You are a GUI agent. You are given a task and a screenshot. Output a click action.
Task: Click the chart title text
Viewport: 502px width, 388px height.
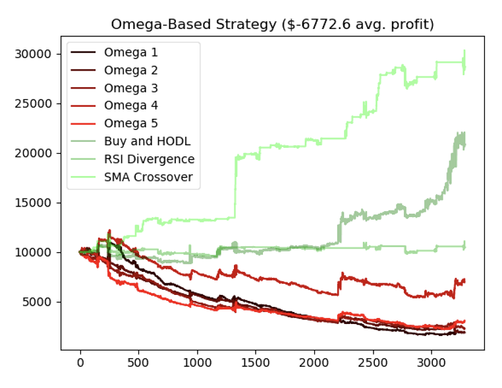[x=272, y=25]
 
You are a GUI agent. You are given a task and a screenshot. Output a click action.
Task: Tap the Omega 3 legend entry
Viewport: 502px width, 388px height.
[x=130, y=88]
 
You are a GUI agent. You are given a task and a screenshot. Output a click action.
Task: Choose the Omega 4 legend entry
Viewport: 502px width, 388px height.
[x=130, y=106]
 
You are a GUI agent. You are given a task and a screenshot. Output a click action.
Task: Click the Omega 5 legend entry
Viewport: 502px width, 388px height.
[x=130, y=123]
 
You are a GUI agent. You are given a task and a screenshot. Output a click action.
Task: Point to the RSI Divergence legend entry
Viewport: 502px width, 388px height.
[x=149, y=158]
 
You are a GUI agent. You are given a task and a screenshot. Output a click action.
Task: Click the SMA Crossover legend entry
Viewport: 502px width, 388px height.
[x=148, y=176]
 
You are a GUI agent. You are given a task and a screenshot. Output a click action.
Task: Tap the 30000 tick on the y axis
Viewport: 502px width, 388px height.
[x=34, y=54]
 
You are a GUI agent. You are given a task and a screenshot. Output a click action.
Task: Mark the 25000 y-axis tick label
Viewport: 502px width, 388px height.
[x=34, y=104]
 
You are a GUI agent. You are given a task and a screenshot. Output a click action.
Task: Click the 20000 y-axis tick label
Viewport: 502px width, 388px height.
[x=34, y=153]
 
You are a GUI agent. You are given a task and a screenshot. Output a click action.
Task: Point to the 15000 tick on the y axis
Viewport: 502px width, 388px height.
[x=34, y=203]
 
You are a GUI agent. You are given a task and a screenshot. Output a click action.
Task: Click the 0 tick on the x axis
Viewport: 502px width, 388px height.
[x=80, y=362]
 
